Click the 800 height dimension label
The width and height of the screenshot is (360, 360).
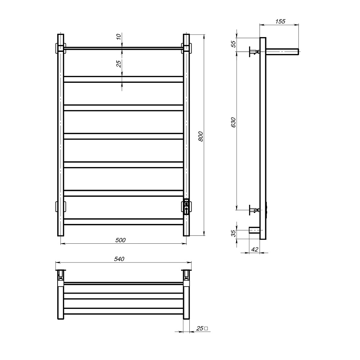(201, 136)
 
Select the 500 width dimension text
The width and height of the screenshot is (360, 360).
(120, 240)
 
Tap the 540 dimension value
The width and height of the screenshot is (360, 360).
(119, 259)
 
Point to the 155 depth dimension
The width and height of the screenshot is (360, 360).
(280, 21)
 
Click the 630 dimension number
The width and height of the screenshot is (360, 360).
(233, 122)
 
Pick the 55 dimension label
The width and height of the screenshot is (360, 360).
(233, 44)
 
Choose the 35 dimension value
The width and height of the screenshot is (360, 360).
(233, 233)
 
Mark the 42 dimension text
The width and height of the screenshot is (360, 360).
(255, 249)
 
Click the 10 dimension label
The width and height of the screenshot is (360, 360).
(118, 36)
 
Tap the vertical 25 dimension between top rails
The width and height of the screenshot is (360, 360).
(118, 64)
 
